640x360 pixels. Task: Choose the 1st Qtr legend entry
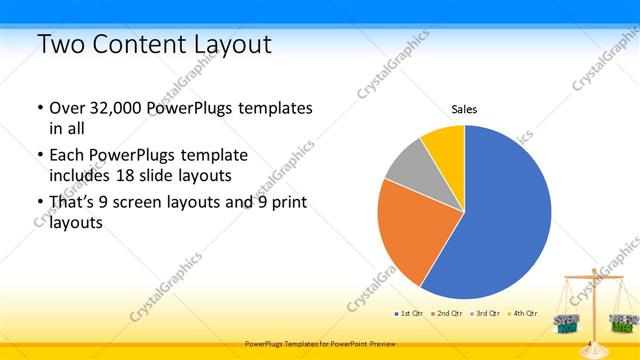(407, 313)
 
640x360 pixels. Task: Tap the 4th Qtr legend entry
(523, 313)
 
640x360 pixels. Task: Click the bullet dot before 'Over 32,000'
(38, 108)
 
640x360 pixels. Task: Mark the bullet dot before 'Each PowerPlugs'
(38, 156)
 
